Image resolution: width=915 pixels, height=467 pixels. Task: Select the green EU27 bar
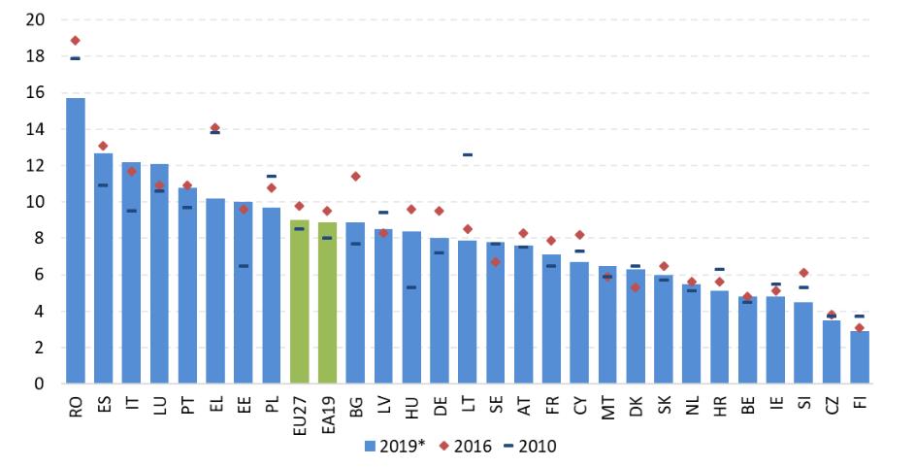300,302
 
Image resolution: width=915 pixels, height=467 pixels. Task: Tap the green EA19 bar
328,303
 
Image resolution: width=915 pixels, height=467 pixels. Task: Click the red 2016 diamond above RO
75,41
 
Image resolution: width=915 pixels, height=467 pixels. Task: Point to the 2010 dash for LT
468,154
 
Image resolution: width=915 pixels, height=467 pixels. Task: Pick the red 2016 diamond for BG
356,177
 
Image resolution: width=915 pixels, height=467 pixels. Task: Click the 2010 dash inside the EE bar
244,266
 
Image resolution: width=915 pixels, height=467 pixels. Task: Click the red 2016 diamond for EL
215,128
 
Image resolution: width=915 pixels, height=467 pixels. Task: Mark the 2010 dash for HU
412,287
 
